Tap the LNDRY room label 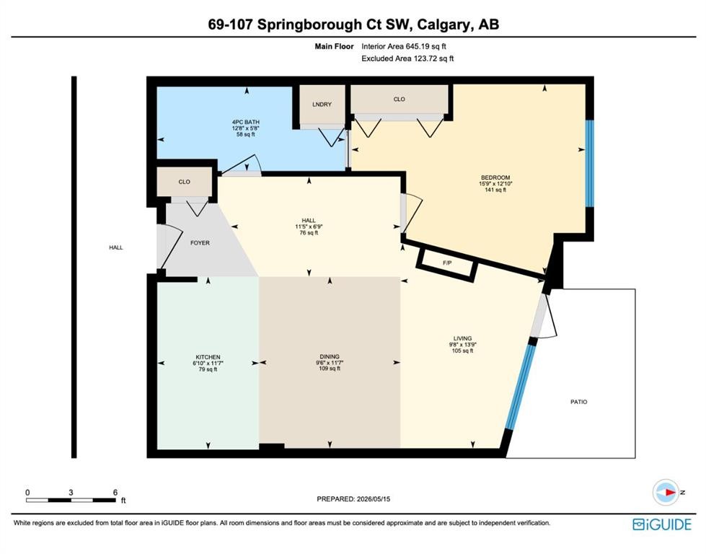tap(322, 104)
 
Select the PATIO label tap(578, 402)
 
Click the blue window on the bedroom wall tap(589, 164)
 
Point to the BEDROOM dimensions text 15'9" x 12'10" tap(495, 184)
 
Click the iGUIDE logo tap(661, 524)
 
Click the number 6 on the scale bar tap(115, 492)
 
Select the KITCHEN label tap(208, 357)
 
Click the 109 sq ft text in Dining tap(330, 369)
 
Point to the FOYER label tap(200, 243)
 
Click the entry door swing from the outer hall tap(169, 247)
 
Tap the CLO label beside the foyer tap(184, 182)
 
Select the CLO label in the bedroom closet tap(399, 99)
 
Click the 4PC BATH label tap(246, 122)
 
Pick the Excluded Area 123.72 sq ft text tap(407, 58)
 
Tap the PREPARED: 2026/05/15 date tap(353, 498)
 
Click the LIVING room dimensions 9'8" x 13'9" tap(462, 345)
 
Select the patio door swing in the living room tap(544, 316)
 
